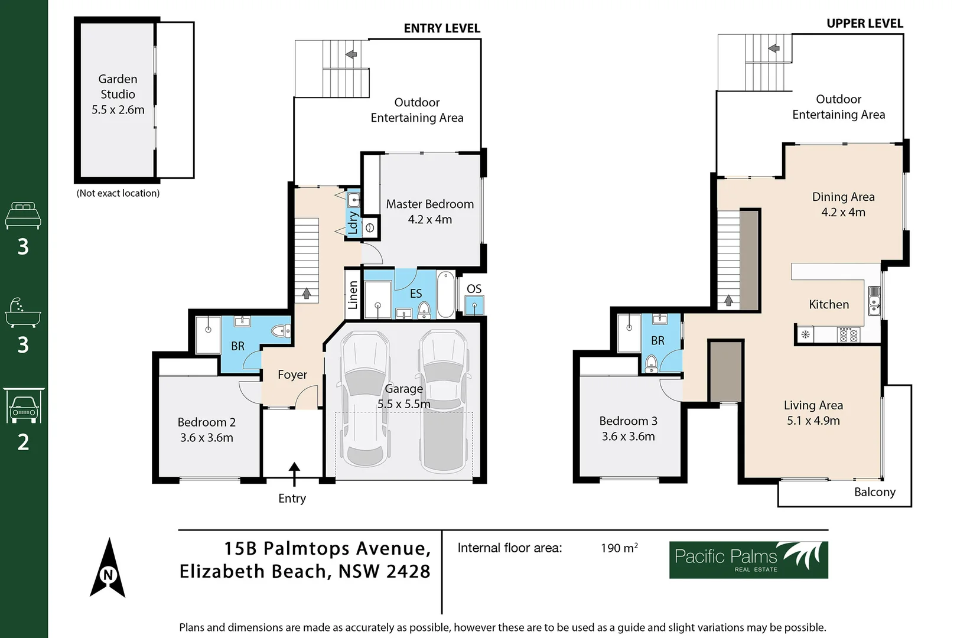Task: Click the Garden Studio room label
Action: click(x=118, y=94)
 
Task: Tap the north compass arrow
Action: click(x=108, y=568)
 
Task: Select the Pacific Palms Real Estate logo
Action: click(x=748, y=559)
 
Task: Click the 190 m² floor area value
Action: click(x=619, y=548)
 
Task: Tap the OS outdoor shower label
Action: click(x=474, y=289)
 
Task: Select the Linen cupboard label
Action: click(x=353, y=295)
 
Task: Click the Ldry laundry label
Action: click(x=353, y=223)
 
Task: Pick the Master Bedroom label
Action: click(x=429, y=204)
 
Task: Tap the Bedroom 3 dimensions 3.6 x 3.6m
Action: click(x=628, y=437)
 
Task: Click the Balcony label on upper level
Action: click(x=874, y=492)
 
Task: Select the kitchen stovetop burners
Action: click(x=848, y=335)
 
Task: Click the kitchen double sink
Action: click(x=874, y=300)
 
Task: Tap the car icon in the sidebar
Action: click(x=24, y=406)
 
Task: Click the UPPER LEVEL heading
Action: click(x=864, y=24)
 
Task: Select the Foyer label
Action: click(x=292, y=375)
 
